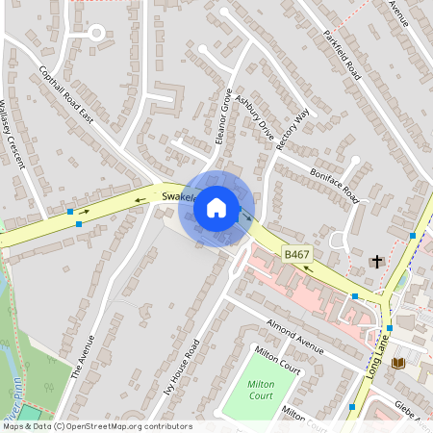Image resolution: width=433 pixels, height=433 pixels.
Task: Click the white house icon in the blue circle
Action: (216, 207)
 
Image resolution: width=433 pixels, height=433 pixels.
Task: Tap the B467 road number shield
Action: (295, 253)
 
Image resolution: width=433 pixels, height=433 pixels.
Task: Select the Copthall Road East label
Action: (65, 94)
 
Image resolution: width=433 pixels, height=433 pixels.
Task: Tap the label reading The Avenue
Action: (84, 357)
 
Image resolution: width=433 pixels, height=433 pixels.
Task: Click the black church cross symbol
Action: (377, 261)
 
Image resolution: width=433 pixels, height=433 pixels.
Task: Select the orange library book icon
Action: (397, 363)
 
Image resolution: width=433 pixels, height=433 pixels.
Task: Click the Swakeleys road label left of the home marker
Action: (179, 196)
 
